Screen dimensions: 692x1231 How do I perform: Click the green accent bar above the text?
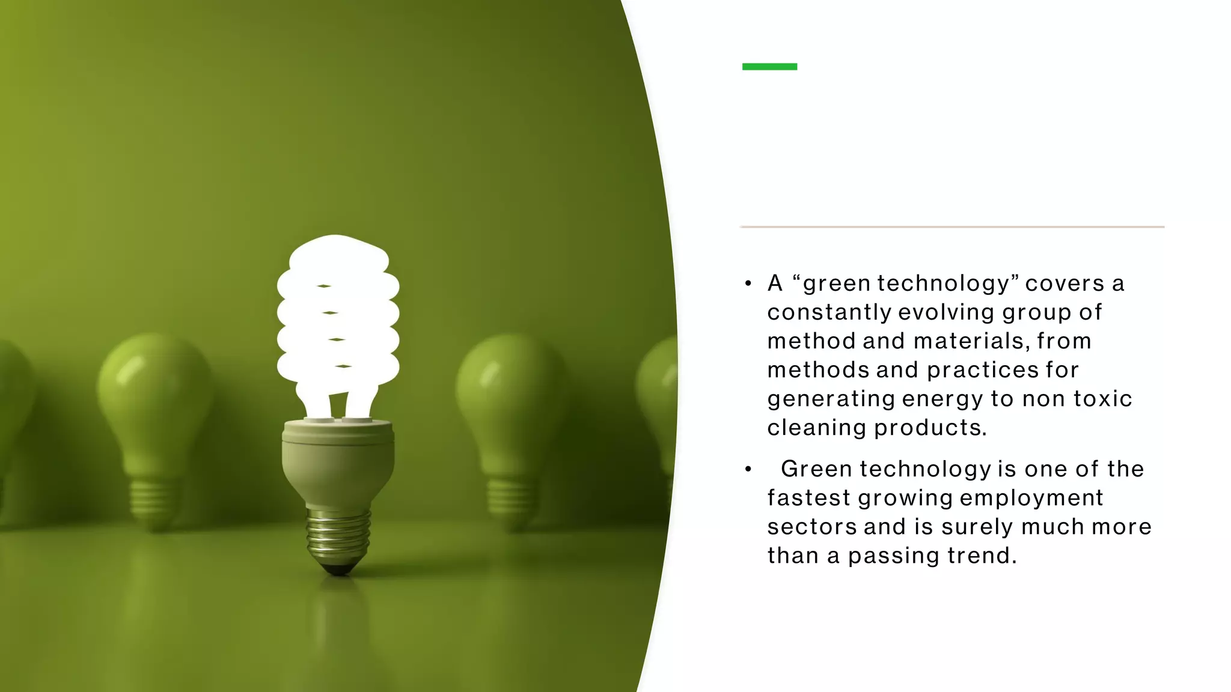click(x=769, y=67)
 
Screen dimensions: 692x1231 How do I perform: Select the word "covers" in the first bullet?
click(x=1065, y=284)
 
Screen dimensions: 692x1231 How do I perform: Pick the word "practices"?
click(x=982, y=370)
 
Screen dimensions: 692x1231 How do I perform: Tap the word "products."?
click(x=930, y=428)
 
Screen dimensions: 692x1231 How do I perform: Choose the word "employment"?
click(x=1031, y=498)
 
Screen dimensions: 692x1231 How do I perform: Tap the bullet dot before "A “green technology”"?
click(x=748, y=284)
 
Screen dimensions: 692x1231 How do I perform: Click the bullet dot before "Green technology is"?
click(x=748, y=469)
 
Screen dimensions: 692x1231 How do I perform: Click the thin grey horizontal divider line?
click(x=952, y=227)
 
